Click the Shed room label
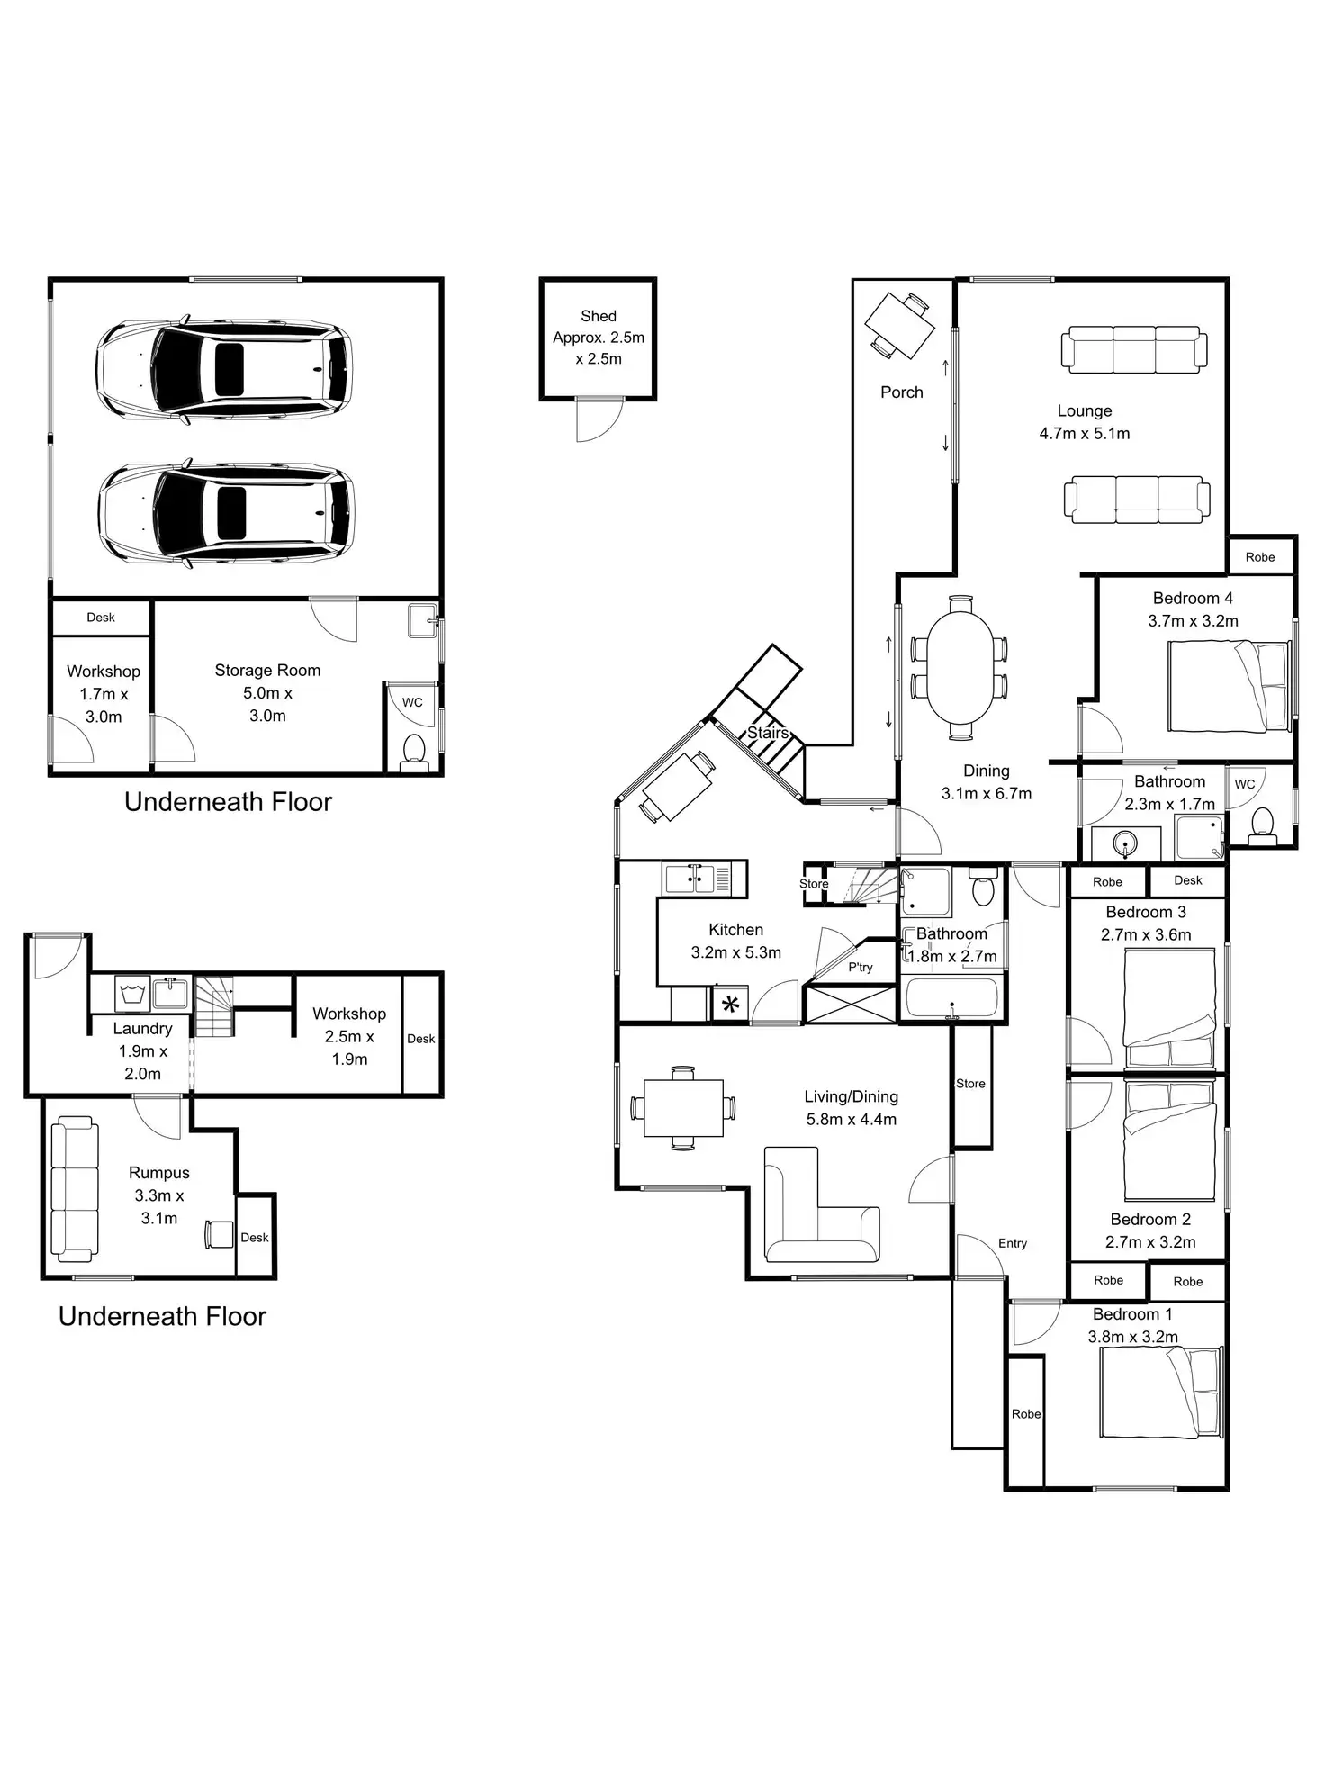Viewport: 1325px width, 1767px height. point(599,317)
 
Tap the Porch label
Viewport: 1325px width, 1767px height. point(901,392)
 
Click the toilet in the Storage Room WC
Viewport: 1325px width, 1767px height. point(414,750)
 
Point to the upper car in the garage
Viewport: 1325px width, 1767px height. point(224,368)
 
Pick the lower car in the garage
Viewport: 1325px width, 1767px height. point(226,513)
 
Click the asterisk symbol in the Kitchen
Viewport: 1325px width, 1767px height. point(730,1005)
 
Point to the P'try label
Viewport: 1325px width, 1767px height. point(861,967)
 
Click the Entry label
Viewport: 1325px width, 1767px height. point(1013,1243)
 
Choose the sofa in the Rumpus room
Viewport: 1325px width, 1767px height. point(75,1188)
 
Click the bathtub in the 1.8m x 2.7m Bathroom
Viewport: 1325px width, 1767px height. point(952,998)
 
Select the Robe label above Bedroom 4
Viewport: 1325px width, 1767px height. point(1260,557)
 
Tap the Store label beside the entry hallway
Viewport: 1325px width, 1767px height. point(970,1084)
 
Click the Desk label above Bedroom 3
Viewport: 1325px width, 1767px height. point(1188,880)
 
